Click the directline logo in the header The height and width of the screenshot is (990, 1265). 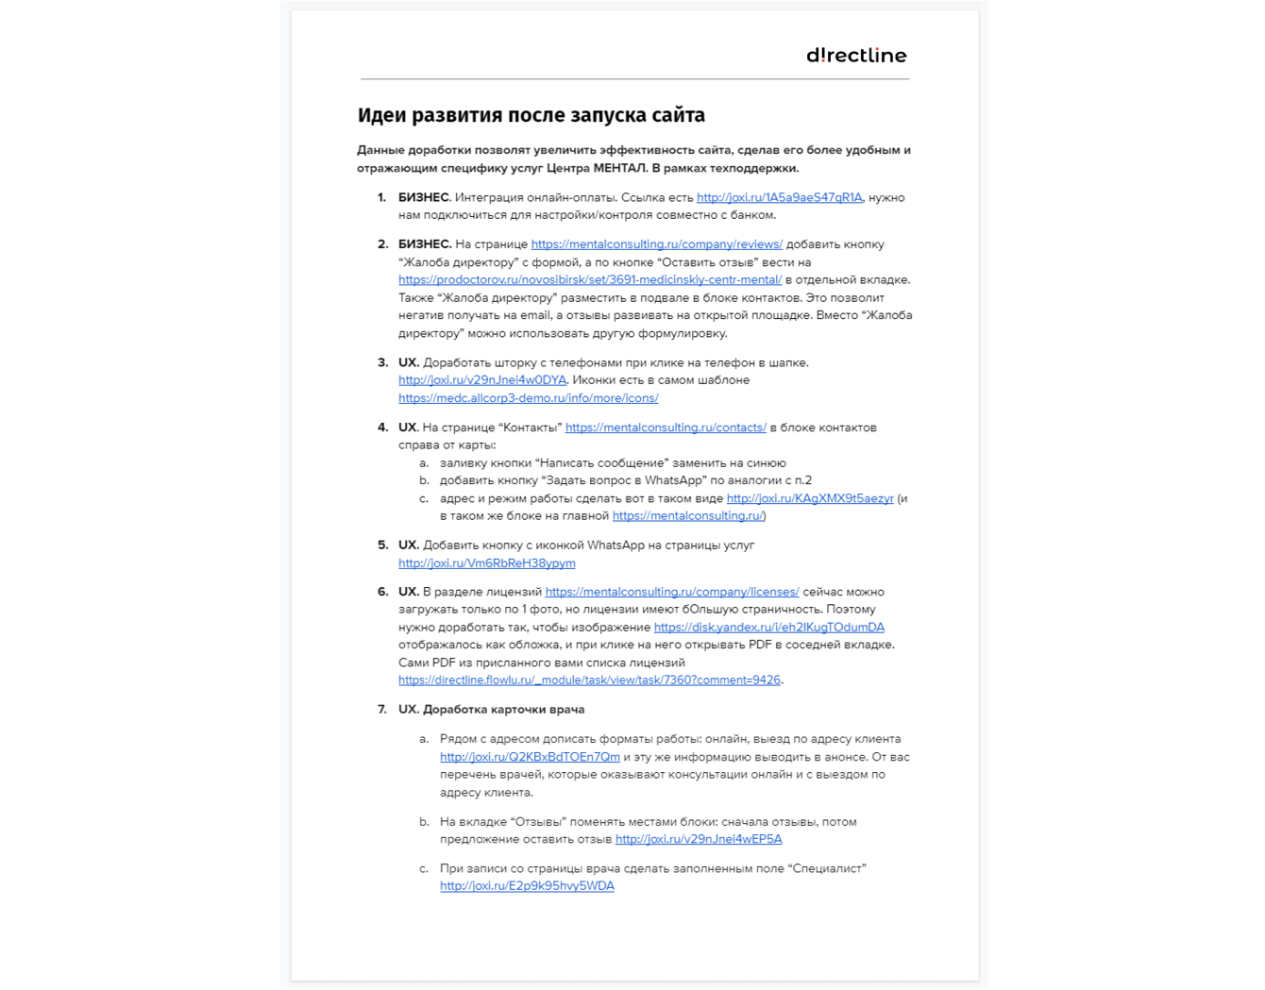click(856, 56)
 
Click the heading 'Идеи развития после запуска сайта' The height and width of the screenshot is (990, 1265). click(531, 115)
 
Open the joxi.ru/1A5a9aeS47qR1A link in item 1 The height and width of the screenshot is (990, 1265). click(779, 197)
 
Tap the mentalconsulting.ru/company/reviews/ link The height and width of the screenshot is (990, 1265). click(656, 244)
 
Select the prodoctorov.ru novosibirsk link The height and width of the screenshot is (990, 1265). click(590, 280)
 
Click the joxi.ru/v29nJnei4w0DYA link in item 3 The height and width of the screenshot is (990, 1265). click(482, 380)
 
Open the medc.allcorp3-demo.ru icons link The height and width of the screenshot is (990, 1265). click(528, 398)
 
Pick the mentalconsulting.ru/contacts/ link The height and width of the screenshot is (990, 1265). click(666, 428)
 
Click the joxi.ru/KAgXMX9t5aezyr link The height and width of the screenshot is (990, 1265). click(809, 498)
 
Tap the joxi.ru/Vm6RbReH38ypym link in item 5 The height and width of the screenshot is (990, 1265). click(486, 563)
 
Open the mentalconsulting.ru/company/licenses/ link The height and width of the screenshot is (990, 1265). click(672, 592)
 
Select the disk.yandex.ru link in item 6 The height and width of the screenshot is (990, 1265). click(768, 628)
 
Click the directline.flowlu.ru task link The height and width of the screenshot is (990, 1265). click(589, 680)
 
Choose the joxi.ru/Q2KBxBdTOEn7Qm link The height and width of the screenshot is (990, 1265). click(530, 757)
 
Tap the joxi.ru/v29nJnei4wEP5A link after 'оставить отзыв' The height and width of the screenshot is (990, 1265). click(698, 839)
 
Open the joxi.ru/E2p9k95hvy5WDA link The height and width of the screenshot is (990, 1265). click(527, 886)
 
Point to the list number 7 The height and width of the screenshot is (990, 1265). click(382, 710)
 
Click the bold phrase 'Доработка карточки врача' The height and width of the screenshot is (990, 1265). click(503, 710)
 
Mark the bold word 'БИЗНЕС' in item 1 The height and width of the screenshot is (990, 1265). click(423, 197)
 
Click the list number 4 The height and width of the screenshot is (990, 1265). click(382, 428)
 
